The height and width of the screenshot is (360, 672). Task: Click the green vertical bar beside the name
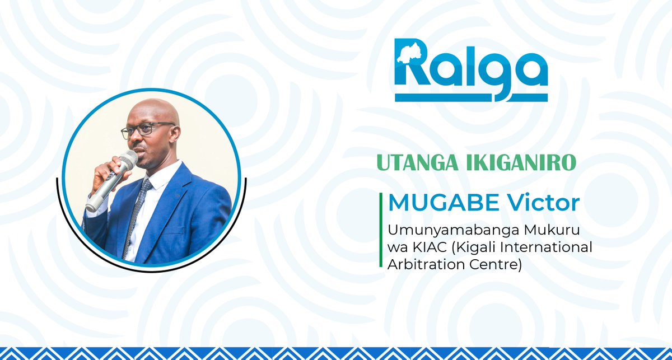tap(382, 230)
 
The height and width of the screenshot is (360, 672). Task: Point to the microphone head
tap(127, 161)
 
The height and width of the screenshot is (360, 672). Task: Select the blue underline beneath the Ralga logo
tap(471, 97)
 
